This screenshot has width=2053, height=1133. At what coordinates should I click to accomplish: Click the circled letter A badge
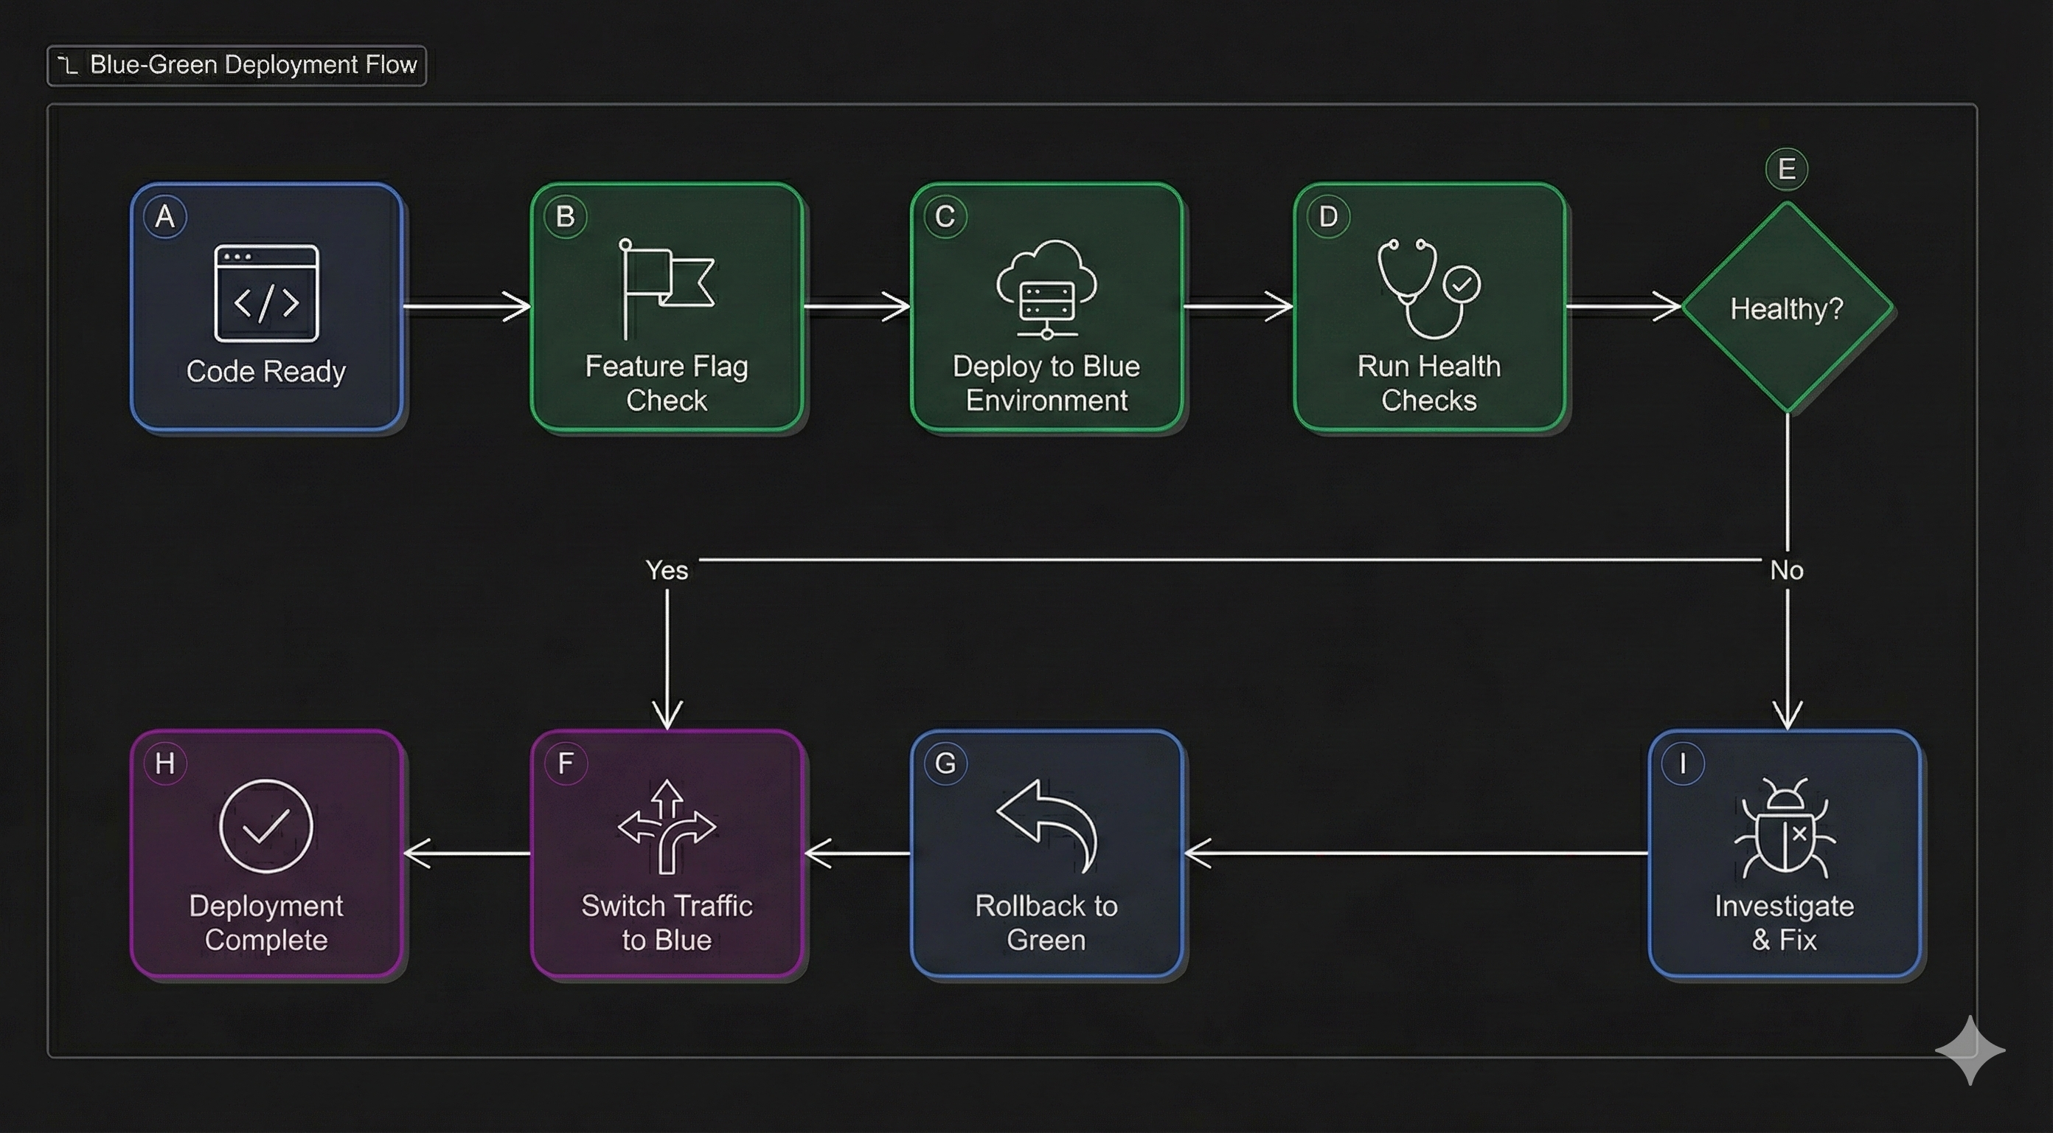(x=165, y=216)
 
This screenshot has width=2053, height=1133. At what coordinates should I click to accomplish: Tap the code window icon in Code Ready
(x=266, y=294)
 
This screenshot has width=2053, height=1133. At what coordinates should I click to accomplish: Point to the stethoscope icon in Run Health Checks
(x=1428, y=288)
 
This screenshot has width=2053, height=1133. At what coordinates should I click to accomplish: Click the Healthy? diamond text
(x=1786, y=308)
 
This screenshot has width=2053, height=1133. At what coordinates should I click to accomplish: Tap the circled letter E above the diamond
(x=1786, y=169)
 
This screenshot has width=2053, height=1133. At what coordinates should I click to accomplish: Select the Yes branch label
(x=667, y=570)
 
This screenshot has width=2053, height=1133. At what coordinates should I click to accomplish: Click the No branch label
(x=1786, y=570)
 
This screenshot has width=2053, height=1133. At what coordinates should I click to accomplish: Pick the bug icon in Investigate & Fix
(x=1785, y=828)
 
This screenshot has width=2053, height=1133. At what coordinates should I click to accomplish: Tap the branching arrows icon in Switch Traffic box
(x=667, y=826)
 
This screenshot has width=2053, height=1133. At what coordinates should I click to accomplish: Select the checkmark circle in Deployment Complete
(x=266, y=826)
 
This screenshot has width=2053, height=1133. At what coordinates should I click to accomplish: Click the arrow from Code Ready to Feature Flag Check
(x=466, y=306)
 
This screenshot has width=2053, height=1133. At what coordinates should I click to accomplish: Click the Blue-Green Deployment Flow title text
(x=253, y=65)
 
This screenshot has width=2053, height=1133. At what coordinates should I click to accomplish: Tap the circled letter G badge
(x=945, y=763)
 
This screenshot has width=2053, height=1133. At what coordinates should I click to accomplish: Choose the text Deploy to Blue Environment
(x=1046, y=383)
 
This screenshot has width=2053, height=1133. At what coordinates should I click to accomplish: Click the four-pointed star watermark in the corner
(x=1970, y=1050)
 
